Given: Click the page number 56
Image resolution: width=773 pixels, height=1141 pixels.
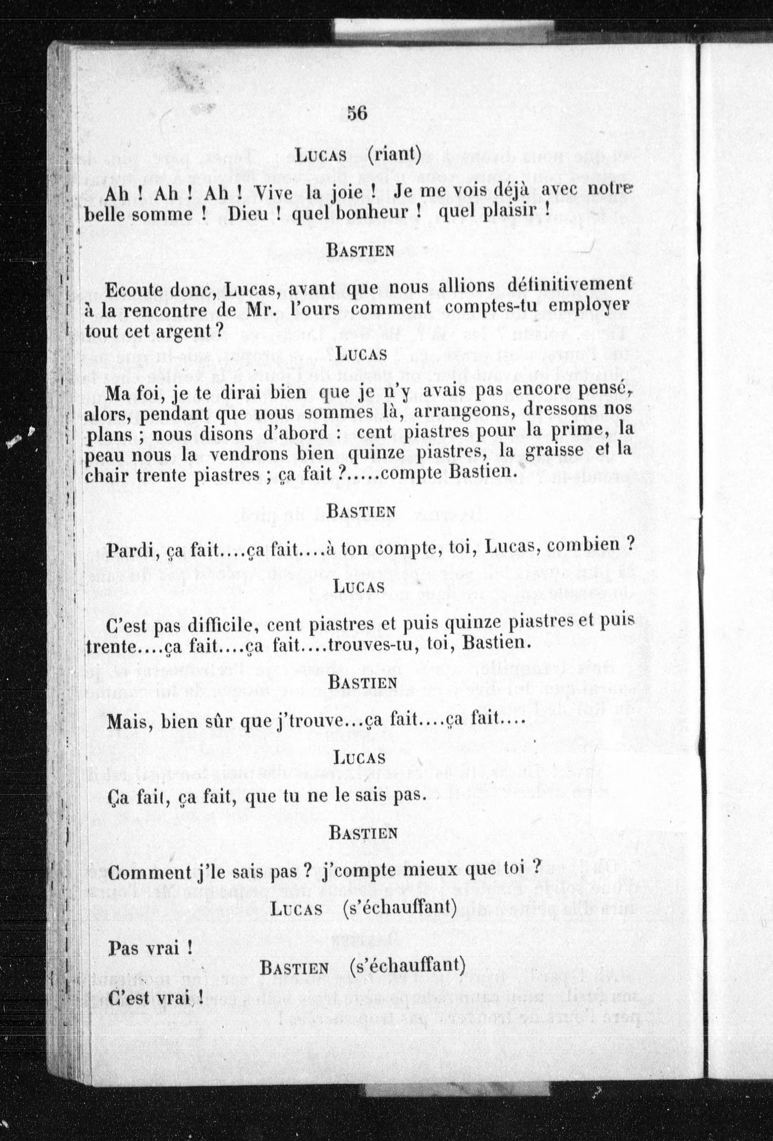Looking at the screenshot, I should (x=357, y=113).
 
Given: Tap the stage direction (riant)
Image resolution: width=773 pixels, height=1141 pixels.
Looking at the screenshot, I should (x=394, y=155).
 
